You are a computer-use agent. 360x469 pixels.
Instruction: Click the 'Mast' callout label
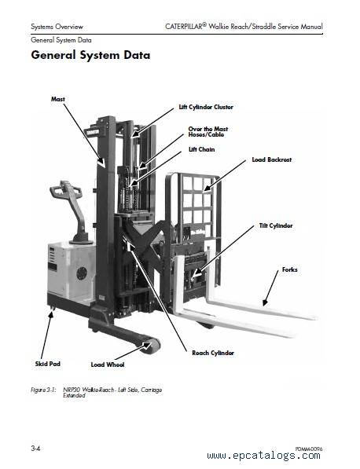(57, 99)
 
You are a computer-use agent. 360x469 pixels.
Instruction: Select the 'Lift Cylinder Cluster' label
(206, 107)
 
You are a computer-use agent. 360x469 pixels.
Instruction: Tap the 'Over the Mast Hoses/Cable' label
(208, 132)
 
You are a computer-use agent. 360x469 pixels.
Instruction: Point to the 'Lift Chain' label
(201, 149)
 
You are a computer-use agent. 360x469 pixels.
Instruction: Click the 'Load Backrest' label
(271, 159)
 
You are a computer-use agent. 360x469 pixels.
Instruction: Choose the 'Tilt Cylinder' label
(276, 225)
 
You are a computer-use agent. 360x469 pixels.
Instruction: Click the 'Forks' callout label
(289, 269)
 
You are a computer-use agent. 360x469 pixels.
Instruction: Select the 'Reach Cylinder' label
(213, 353)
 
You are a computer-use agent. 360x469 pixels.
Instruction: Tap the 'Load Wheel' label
(108, 365)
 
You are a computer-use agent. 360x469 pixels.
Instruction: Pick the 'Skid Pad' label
(48, 364)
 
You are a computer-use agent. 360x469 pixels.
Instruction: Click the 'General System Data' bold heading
(90, 55)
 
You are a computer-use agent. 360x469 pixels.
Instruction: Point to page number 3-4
(35, 449)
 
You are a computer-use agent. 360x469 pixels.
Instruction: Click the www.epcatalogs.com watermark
(263, 456)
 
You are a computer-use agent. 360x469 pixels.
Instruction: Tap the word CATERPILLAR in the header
(184, 27)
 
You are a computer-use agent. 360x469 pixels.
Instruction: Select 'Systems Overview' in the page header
(57, 27)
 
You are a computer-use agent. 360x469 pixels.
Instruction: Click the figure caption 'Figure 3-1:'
(43, 390)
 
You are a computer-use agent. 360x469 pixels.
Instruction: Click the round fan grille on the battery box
(82, 273)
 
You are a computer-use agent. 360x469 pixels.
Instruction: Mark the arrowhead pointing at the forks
(265, 302)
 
